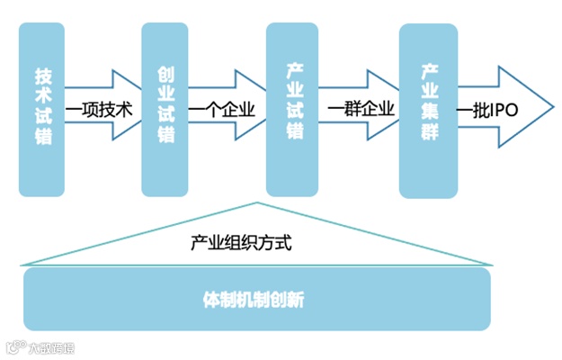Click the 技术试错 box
(42, 109)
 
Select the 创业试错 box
(165, 109)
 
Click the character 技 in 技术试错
(42, 75)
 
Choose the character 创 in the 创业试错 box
(165, 75)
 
